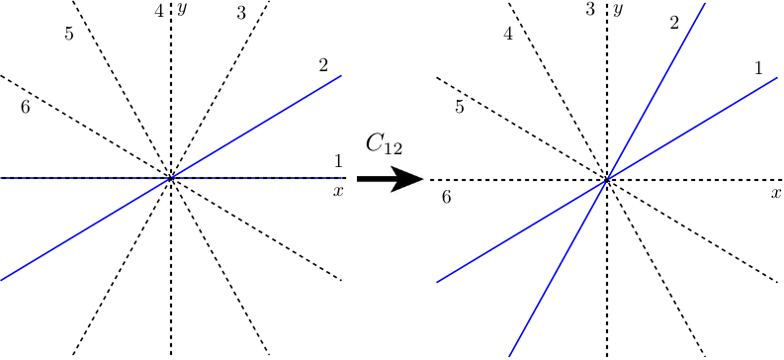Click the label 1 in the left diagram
tap(338, 161)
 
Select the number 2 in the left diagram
tap(323, 65)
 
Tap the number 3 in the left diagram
tap(241, 13)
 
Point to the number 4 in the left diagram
tap(159, 12)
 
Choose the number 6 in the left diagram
tap(25, 106)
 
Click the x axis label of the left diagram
tap(338, 190)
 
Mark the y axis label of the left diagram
tap(184, 9)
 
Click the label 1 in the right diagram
tap(758, 68)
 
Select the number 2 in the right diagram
tap(674, 22)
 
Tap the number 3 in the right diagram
tap(590, 11)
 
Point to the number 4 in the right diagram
tap(508, 35)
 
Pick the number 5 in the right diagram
tap(460, 107)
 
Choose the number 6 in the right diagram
tap(447, 198)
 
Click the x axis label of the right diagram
tap(776, 193)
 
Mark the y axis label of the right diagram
tap(617, 9)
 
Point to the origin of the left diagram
tap(171, 179)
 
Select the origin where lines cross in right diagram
tap(606, 180)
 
